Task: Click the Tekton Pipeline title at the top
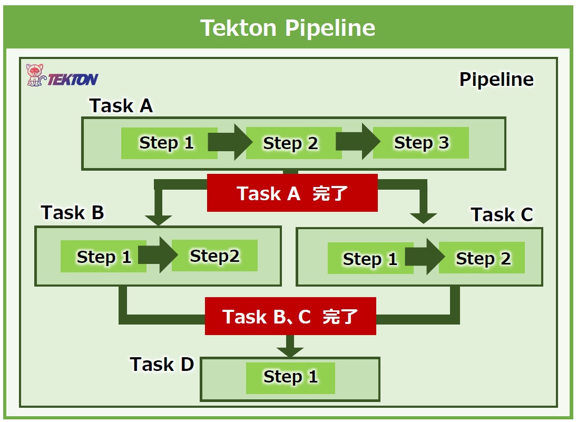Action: click(x=288, y=28)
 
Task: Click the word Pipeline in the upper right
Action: click(x=496, y=80)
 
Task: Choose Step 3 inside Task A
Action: click(x=421, y=143)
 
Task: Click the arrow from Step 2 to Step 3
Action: click(x=358, y=142)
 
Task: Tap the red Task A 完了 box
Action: click(x=292, y=193)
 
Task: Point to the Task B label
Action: click(x=73, y=213)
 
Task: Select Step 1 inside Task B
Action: click(x=103, y=257)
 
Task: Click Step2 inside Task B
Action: click(x=214, y=256)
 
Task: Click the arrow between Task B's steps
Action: click(x=158, y=254)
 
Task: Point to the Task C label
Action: click(x=502, y=214)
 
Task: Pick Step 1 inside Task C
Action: click(x=370, y=258)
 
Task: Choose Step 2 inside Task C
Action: click(x=482, y=258)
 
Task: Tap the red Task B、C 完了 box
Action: click(x=291, y=316)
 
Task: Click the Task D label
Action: click(x=162, y=365)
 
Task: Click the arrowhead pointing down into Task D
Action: click(x=290, y=351)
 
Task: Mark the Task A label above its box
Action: click(x=121, y=106)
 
